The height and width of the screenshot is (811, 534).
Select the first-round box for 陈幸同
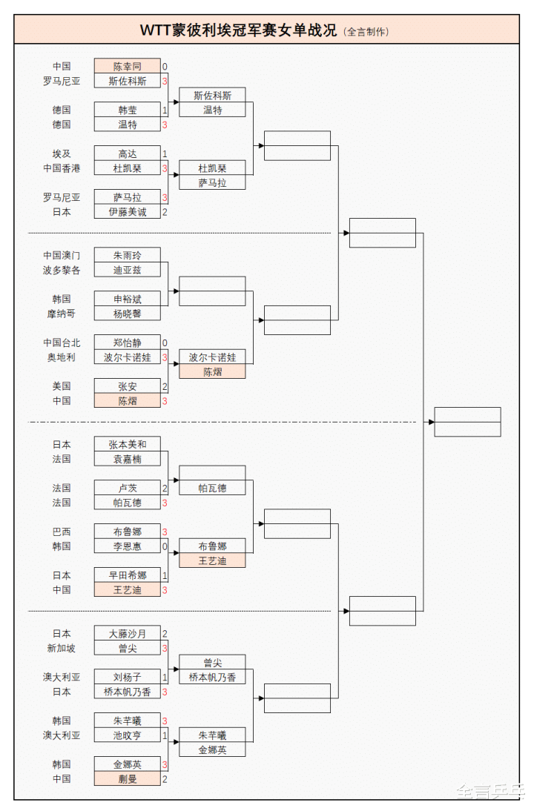tap(127, 67)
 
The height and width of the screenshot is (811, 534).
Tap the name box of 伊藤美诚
tap(127, 212)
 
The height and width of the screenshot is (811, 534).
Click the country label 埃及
tap(62, 154)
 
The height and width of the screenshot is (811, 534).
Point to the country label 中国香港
tap(62, 168)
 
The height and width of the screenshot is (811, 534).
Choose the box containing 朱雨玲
tap(127, 256)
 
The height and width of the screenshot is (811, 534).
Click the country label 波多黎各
tap(62, 271)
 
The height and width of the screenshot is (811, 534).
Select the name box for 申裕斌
tap(127, 299)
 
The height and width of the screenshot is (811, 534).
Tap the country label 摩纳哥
tap(62, 314)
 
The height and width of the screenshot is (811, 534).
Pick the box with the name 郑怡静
tap(127, 343)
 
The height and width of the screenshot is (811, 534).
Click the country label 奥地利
tap(62, 357)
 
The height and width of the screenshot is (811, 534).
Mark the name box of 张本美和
tap(127, 445)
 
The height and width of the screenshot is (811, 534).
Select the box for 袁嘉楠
tap(127, 460)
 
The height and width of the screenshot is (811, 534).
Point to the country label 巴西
tap(62, 532)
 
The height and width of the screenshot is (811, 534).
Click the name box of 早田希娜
tap(127, 575)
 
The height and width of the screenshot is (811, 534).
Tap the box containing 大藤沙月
tap(127, 634)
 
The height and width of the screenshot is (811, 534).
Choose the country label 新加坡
tap(62, 648)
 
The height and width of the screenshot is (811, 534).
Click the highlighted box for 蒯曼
tap(127, 779)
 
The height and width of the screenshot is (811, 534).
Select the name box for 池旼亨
tap(127, 735)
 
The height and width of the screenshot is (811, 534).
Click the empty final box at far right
tap(467, 422)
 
